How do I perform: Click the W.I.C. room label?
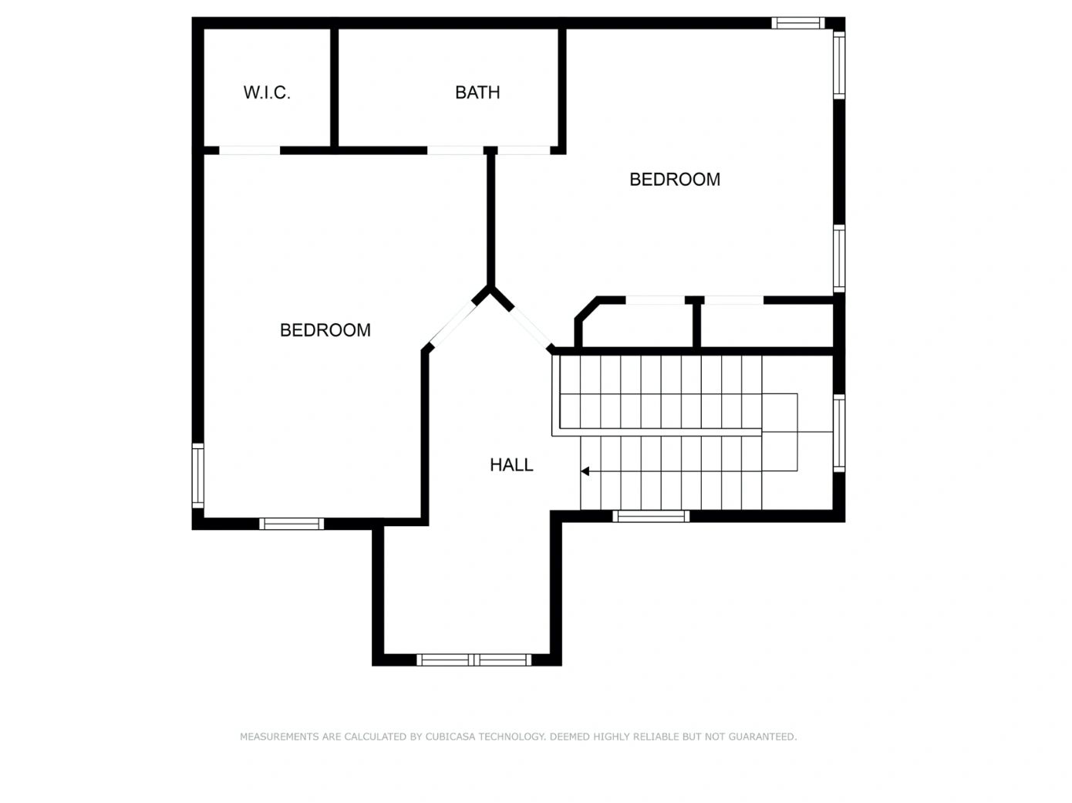pos(267,93)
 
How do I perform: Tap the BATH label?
pos(477,93)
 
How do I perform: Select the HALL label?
pos(511,464)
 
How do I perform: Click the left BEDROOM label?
pos(325,330)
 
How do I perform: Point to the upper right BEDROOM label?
pos(675,179)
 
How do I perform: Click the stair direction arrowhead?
pos(585,471)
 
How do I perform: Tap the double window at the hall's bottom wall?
pos(474,660)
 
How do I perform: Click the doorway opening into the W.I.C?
pos(250,150)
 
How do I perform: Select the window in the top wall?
pos(798,23)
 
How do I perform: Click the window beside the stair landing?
pos(838,433)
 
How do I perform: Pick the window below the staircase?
pos(651,516)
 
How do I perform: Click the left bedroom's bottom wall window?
pos(291,524)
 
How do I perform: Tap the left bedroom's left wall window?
pos(197,475)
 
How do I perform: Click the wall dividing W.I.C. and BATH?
pos(334,87)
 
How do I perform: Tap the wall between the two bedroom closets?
pos(697,325)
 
